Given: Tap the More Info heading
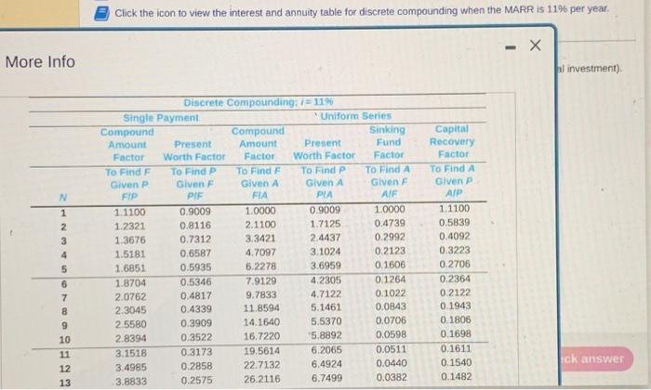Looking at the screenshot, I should pyautogui.click(x=40, y=62).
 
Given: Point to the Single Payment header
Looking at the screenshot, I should pyautogui.click(x=162, y=117).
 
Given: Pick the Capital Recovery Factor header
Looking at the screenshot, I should pyautogui.click(x=452, y=141).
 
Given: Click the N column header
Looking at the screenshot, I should pyautogui.click(x=61, y=196).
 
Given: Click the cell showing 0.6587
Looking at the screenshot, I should pyautogui.click(x=194, y=253).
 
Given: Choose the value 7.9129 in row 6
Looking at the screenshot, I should pyautogui.click(x=259, y=280).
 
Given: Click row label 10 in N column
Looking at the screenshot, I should pyautogui.click(x=61, y=338).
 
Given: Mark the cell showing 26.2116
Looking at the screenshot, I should pyautogui.click(x=259, y=379).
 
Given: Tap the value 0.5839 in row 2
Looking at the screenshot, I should pyautogui.click(x=454, y=226).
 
